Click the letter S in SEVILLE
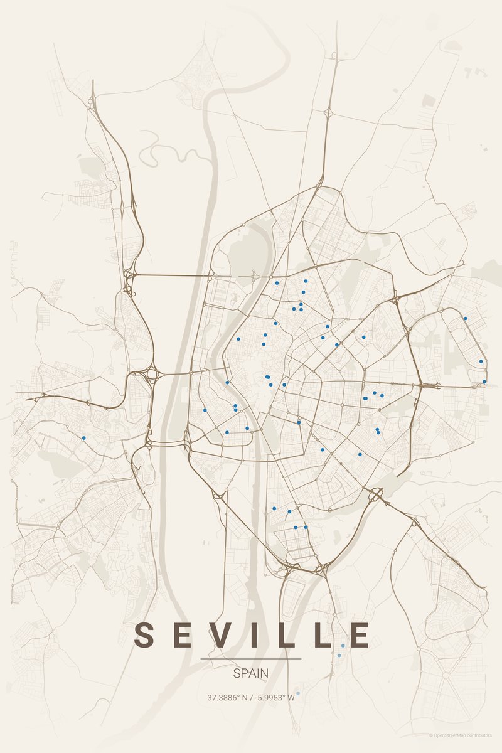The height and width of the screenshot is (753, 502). (144, 635)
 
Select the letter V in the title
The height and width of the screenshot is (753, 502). (216, 635)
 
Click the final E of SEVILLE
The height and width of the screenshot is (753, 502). (360, 635)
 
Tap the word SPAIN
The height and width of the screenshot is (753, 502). (251, 673)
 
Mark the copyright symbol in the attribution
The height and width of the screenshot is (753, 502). (431, 735)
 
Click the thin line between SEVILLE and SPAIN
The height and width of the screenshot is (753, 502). (251, 659)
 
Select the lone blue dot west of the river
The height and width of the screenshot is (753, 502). (83, 438)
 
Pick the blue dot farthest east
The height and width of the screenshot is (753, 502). (484, 382)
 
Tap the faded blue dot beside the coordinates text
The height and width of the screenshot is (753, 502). (298, 693)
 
